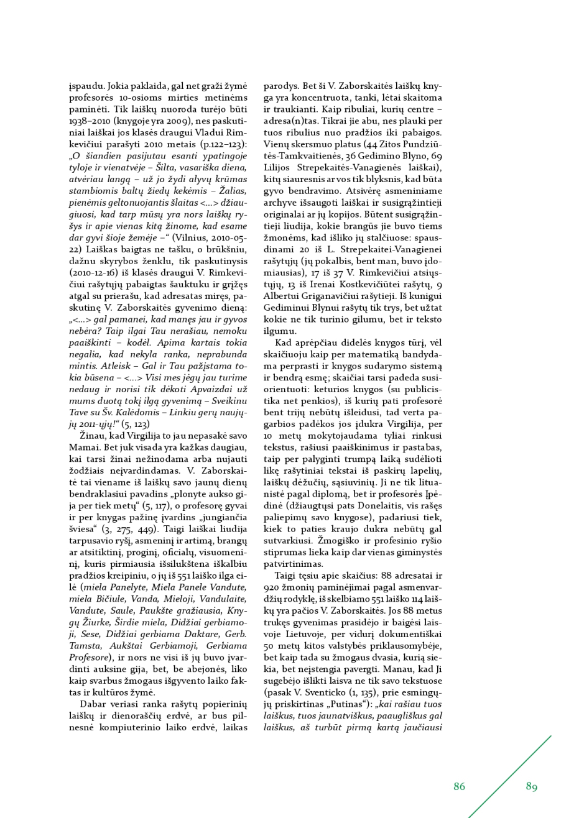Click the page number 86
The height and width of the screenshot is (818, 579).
pyautogui.click(x=459, y=786)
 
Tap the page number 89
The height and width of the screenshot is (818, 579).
pyautogui.click(x=531, y=786)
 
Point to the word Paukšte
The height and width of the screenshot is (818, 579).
pyautogui.click(x=163, y=611)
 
